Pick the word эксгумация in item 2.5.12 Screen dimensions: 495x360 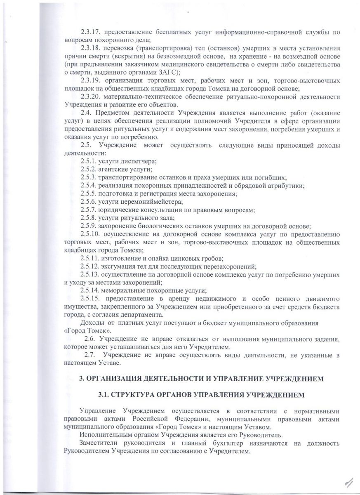[x=117, y=266]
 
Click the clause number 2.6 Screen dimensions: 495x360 [x=90, y=339]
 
